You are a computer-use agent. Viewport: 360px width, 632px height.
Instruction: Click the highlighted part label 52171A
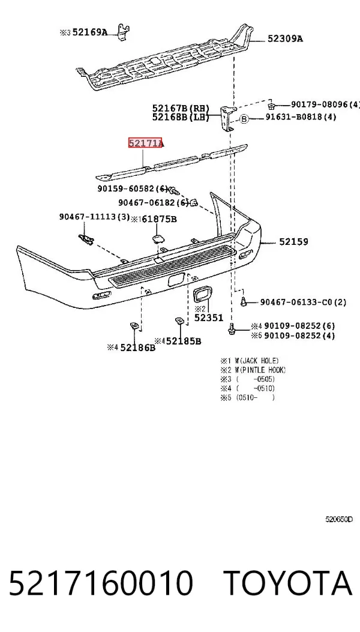[x=146, y=143]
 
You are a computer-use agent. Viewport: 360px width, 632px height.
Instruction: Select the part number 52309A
[x=285, y=38]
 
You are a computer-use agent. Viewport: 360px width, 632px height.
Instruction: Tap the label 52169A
[x=90, y=32]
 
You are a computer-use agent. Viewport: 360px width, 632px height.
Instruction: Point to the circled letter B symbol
[x=244, y=118]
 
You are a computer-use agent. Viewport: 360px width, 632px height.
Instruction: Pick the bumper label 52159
[x=293, y=242]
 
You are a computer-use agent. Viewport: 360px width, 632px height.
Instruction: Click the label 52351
[x=208, y=318]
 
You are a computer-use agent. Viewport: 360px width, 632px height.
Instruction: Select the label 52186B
[x=137, y=347]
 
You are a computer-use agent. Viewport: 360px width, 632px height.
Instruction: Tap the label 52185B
[x=184, y=342]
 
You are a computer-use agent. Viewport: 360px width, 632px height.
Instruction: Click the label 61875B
[x=159, y=219]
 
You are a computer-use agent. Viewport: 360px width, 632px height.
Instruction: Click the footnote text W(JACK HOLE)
[x=257, y=361]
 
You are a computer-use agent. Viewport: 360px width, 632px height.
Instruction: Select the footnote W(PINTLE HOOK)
[x=260, y=370]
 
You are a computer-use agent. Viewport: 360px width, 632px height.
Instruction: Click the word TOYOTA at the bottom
[x=287, y=583]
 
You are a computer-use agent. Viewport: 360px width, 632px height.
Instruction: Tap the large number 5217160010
[x=101, y=583]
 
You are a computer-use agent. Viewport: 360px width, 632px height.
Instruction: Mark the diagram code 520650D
[x=339, y=519]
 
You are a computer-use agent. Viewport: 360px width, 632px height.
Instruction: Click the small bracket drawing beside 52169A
[x=124, y=32]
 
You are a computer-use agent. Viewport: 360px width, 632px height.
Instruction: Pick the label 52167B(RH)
[x=181, y=108]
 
